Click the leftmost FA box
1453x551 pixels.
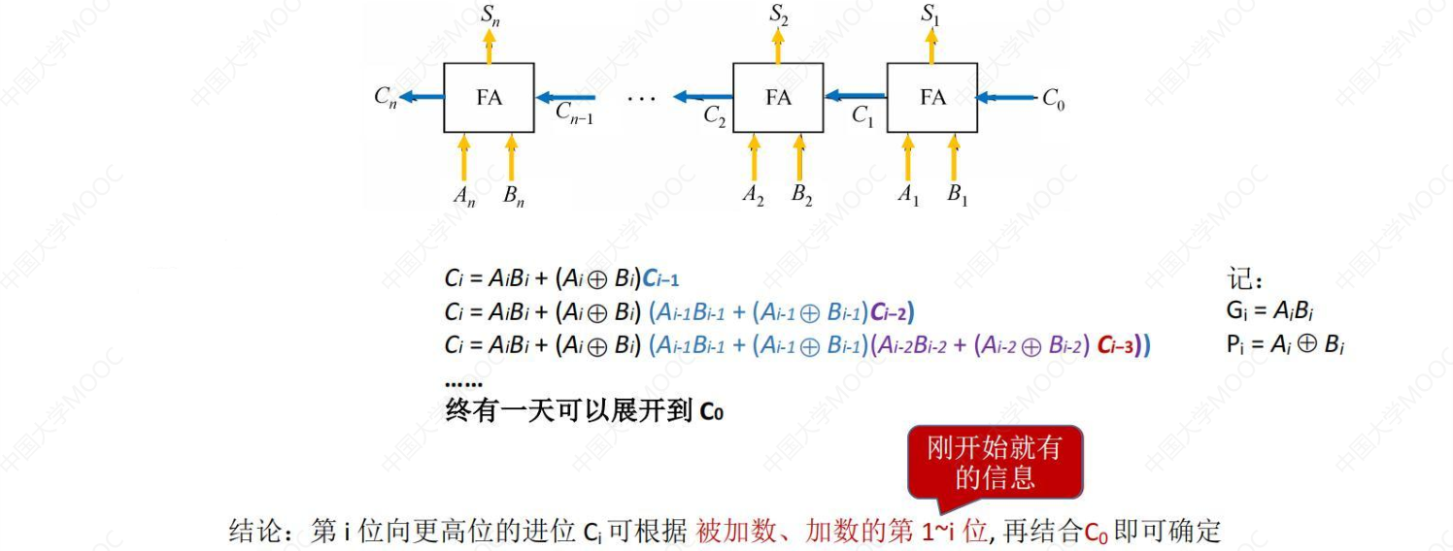489,98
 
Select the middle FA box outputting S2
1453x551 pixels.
777,98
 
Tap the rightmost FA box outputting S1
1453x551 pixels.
932,98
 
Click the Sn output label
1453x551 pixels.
490,14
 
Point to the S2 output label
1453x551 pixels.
778,14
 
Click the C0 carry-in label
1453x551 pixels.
1053,98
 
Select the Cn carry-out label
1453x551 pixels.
386,96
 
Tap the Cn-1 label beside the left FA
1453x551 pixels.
574,113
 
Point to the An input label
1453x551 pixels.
464,195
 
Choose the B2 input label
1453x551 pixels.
801,195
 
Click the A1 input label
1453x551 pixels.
908,195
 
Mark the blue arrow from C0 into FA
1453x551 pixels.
1006,97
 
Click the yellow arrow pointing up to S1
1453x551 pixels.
933,46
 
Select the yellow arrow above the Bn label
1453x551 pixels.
512,156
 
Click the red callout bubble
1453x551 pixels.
994,462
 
